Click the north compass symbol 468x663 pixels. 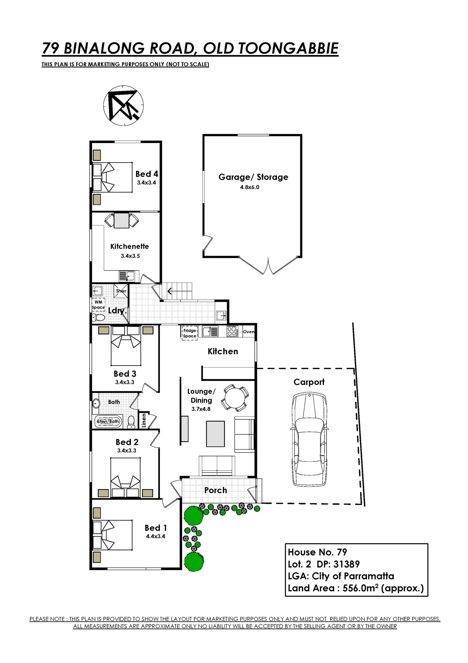(x=123, y=105)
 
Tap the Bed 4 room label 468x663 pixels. (x=147, y=174)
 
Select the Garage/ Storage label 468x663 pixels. (x=253, y=177)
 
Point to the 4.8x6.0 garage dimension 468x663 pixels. (x=250, y=187)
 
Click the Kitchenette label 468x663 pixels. (x=129, y=246)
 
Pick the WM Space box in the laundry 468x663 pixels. (x=98, y=305)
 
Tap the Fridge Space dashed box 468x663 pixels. (x=189, y=333)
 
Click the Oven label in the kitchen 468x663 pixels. (x=249, y=331)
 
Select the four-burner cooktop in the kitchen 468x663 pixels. (x=232, y=331)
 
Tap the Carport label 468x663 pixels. (x=309, y=382)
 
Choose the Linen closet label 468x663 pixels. (x=144, y=420)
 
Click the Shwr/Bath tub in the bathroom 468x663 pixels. (x=108, y=421)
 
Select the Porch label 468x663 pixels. (x=216, y=490)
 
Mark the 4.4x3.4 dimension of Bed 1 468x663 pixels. (x=155, y=536)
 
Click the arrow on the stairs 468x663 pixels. (x=170, y=291)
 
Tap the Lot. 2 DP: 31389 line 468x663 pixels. (x=324, y=564)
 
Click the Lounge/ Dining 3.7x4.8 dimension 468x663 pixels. (x=201, y=409)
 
